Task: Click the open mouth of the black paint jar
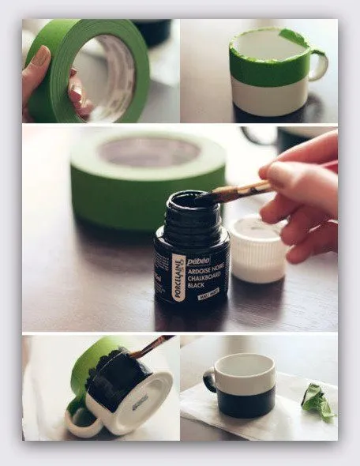(x=191, y=200)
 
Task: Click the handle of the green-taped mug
(x=319, y=66)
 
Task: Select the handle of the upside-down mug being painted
(x=79, y=418)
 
